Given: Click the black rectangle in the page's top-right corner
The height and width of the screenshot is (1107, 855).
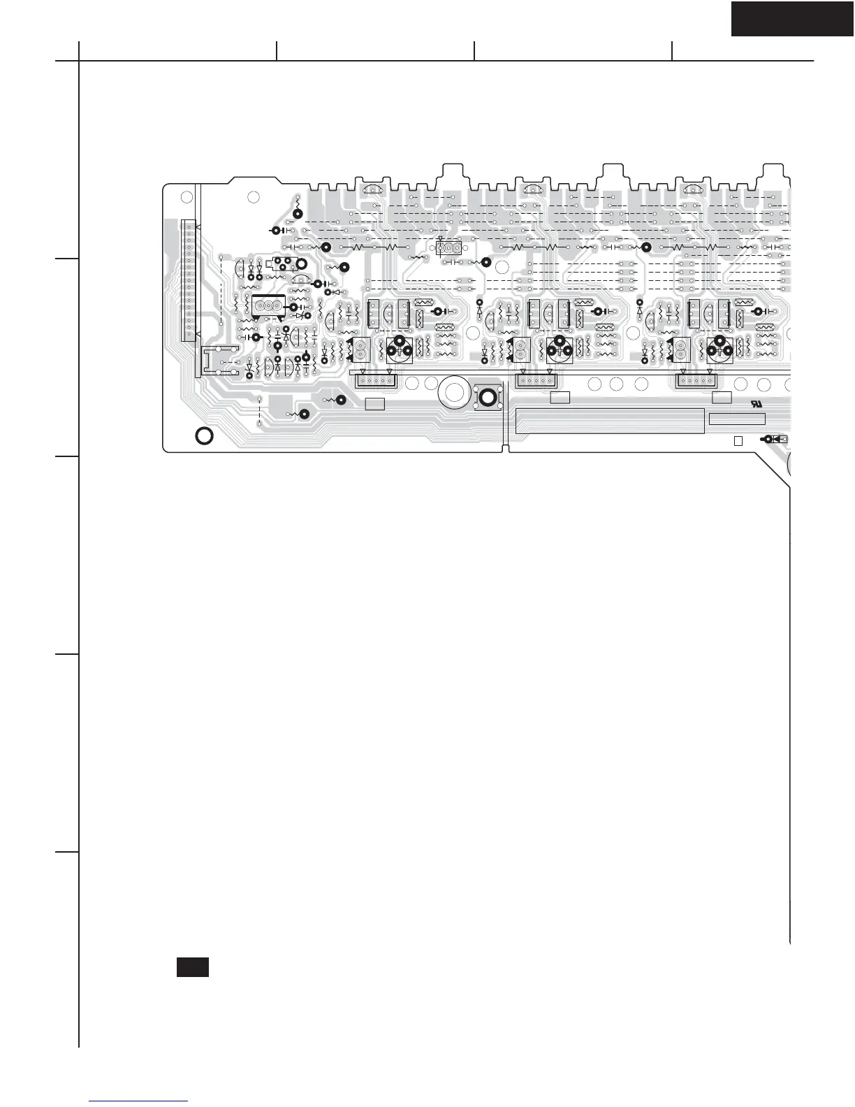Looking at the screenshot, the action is [792, 19].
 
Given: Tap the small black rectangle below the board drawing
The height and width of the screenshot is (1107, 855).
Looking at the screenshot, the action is [193, 967].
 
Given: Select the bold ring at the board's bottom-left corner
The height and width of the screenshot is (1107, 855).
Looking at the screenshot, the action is [204, 436].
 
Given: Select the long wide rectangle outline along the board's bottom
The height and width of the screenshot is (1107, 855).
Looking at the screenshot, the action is [609, 421].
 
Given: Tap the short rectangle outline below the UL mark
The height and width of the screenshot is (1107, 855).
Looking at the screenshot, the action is [737, 419].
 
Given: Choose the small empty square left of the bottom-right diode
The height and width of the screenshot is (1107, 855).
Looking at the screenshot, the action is [738, 440].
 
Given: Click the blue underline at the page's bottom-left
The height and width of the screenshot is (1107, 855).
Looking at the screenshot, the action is [139, 1101].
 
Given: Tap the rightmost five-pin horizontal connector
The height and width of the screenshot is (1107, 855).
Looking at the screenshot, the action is [698, 381].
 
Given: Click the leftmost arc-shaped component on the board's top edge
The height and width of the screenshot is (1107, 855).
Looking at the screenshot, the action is [374, 189].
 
